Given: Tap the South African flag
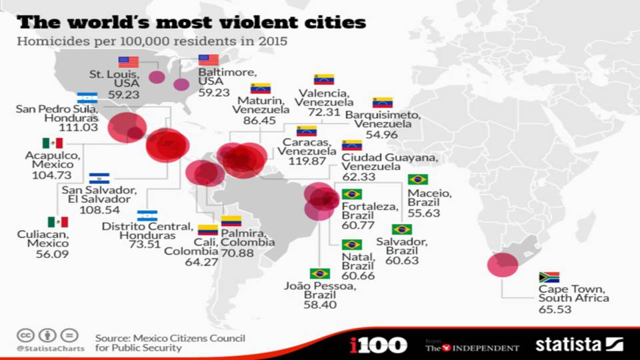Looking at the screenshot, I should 549,277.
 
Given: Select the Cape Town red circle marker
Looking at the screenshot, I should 502,265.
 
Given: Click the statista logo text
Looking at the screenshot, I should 569,345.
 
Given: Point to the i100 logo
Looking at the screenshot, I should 378,345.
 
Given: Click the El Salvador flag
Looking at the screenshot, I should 99,179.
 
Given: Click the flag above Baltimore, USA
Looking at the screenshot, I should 209,60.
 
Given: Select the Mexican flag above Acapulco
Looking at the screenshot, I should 53,143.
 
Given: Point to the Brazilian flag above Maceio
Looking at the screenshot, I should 418,179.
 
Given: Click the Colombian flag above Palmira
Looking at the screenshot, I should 231,221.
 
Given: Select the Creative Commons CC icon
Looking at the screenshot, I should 25,335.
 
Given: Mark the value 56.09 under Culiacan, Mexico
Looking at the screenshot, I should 47,253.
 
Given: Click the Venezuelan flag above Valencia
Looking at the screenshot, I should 324,79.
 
